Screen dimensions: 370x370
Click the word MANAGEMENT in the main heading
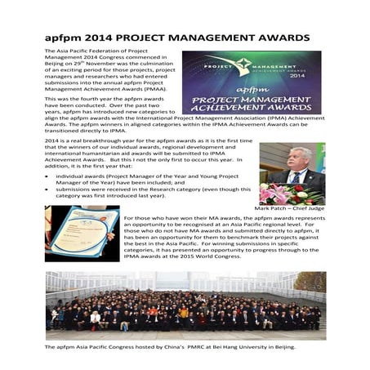point(208,38)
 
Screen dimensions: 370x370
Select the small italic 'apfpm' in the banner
point(252,86)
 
